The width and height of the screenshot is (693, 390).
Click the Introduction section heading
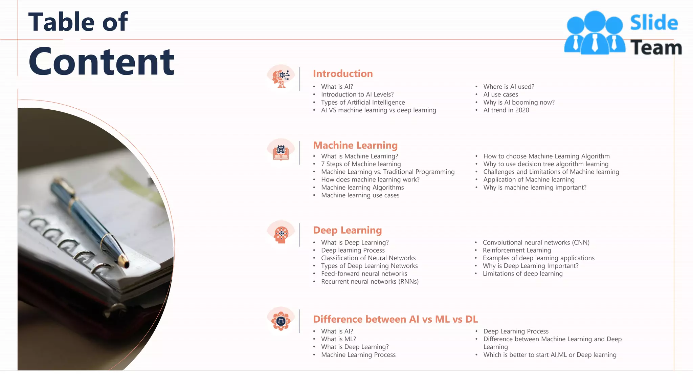pyautogui.click(x=342, y=73)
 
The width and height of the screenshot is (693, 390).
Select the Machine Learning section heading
pyautogui.click(x=355, y=145)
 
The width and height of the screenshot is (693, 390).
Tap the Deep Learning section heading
pyautogui.click(x=347, y=230)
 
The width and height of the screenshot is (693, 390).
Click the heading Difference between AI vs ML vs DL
pyautogui.click(x=395, y=319)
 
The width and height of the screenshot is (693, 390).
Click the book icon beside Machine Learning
pyautogui.click(x=281, y=152)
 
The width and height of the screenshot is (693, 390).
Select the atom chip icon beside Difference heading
pyautogui.click(x=281, y=321)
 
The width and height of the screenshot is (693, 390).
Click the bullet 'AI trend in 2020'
pyautogui.click(x=506, y=110)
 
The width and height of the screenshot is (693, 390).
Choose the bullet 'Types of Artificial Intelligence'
pyautogui.click(x=363, y=102)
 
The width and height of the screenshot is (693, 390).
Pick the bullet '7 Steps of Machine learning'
pyautogui.click(x=361, y=164)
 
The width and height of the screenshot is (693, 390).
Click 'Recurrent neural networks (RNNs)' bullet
pyautogui.click(x=370, y=281)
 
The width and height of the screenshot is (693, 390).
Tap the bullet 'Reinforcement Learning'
pyautogui.click(x=517, y=250)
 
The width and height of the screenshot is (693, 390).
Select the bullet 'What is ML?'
pyautogui.click(x=338, y=339)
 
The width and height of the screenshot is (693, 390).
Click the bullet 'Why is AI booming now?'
pyautogui.click(x=519, y=102)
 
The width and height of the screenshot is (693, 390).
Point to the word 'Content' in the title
pyautogui.click(x=102, y=62)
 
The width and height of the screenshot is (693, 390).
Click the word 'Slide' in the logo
pyautogui.click(x=654, y=23)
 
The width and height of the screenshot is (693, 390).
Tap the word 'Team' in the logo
pyautogui.click(x=656, y=48)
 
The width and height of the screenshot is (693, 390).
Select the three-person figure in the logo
pyautogui.click(x=595, y=33)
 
